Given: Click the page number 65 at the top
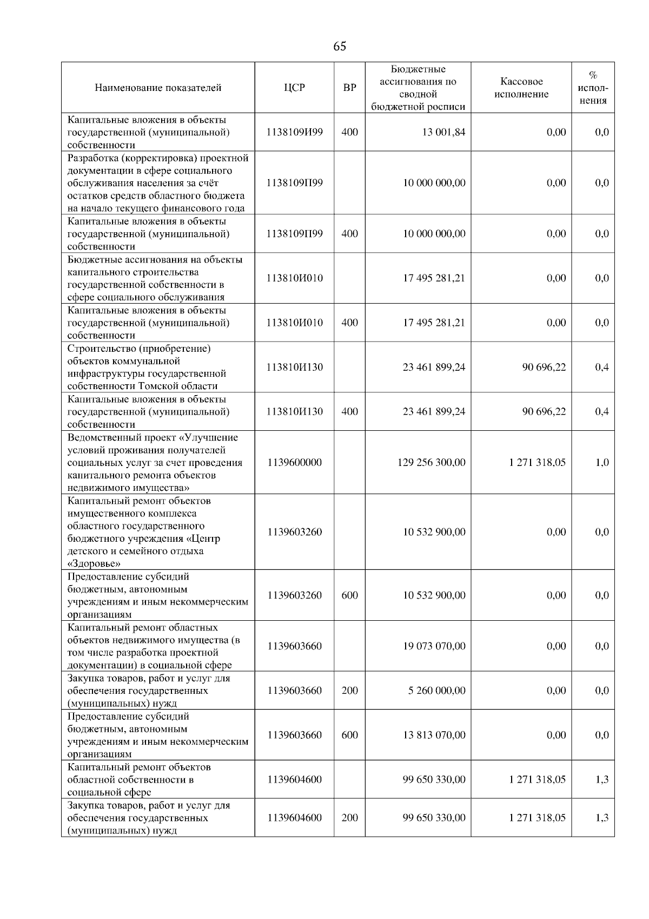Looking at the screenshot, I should pos(339,47).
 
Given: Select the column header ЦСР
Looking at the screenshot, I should pos(294,88).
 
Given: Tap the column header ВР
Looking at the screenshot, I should pos(349,88).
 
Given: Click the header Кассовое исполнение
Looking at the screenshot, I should pos(521,88).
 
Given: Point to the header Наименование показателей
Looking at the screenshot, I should pos(158,88).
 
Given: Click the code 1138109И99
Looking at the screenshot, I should pos(294,132).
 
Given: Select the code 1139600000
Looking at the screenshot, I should pos(294,462).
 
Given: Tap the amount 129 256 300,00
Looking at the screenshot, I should pos(431,462).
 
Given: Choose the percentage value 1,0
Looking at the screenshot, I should pos(601,462).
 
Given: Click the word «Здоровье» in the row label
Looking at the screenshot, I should pos(94,564).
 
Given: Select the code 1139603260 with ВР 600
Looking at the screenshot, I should pos(294,595).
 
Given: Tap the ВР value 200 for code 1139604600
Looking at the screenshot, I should pos(349,817).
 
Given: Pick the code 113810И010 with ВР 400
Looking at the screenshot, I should pos(294,323).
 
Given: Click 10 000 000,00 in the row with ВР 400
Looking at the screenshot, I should pos(434,234).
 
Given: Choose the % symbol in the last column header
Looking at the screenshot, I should pos(593,75).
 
